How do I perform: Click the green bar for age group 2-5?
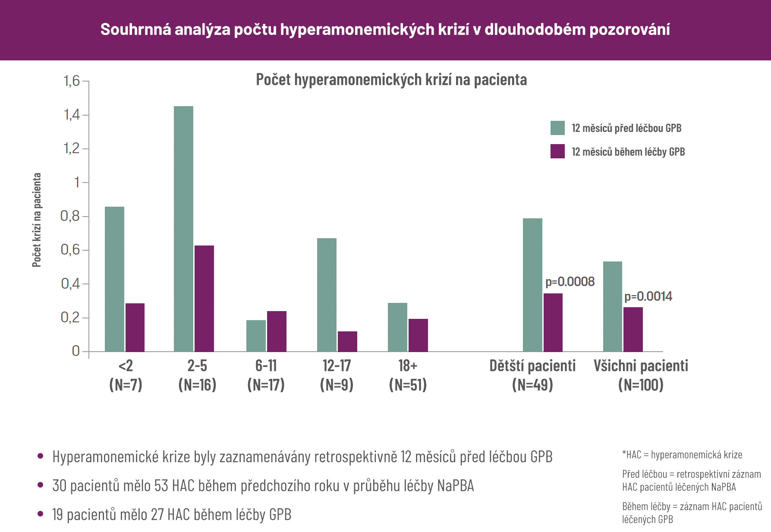point(183,229)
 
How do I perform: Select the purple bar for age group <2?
point(135,327)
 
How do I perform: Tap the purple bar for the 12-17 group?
point(347,341)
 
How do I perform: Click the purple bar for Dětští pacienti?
point(553,322)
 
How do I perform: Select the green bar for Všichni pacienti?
point(612,306)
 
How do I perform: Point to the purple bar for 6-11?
point(277,331)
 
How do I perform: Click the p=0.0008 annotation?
point(570,282)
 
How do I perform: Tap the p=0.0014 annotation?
point(648,296)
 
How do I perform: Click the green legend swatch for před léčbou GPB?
point(557,128)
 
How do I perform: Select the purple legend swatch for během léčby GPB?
point(557,151)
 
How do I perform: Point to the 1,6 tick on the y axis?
point(72,81)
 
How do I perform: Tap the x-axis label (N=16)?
point(197,384)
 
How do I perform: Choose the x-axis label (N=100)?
point(641,384)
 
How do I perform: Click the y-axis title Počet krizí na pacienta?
point(37,220)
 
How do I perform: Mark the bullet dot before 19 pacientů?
point(41,513)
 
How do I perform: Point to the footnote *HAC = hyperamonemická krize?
point(682,455)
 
